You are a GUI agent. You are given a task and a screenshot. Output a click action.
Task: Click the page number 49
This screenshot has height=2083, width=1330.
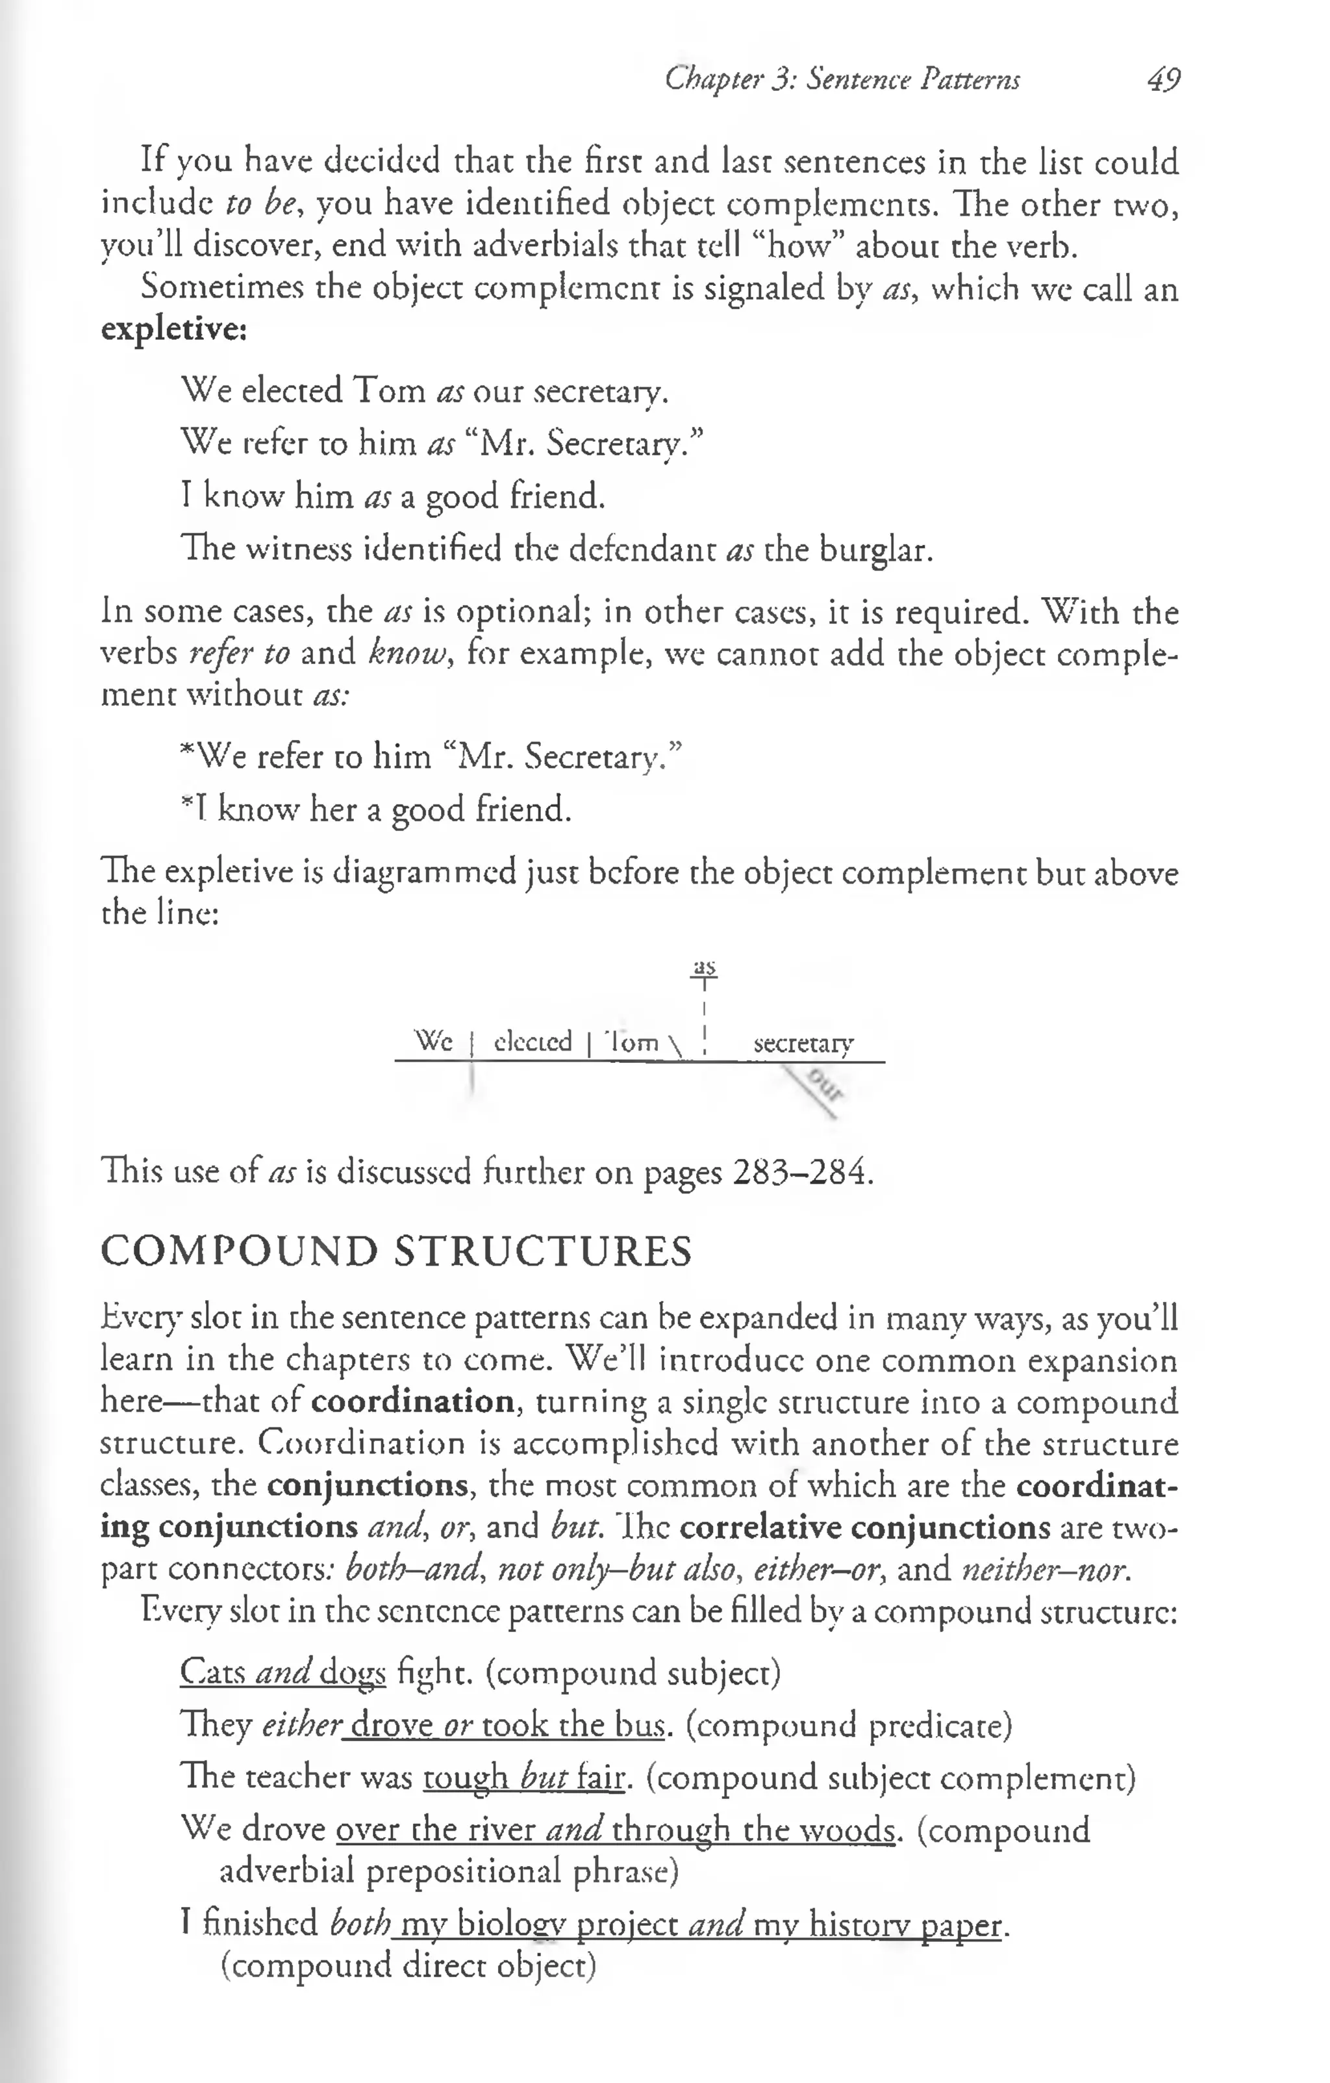[1163, 81]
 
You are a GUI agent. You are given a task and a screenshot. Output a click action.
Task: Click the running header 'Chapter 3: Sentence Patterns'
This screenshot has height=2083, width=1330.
[842, 81]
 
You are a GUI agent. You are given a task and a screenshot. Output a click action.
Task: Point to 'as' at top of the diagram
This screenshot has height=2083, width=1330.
[705, 966]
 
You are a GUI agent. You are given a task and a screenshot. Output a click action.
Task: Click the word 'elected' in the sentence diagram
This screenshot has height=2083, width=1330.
[533, 1041]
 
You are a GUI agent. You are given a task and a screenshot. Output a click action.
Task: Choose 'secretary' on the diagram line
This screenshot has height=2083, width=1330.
[803, 1043]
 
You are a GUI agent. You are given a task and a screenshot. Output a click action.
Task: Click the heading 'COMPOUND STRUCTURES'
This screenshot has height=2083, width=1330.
[396, 1252]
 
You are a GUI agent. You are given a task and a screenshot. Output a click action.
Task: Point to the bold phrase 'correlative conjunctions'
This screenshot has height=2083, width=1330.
[865, 1527]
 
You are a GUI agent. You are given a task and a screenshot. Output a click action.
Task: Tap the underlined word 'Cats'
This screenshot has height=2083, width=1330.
[213, 1672]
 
